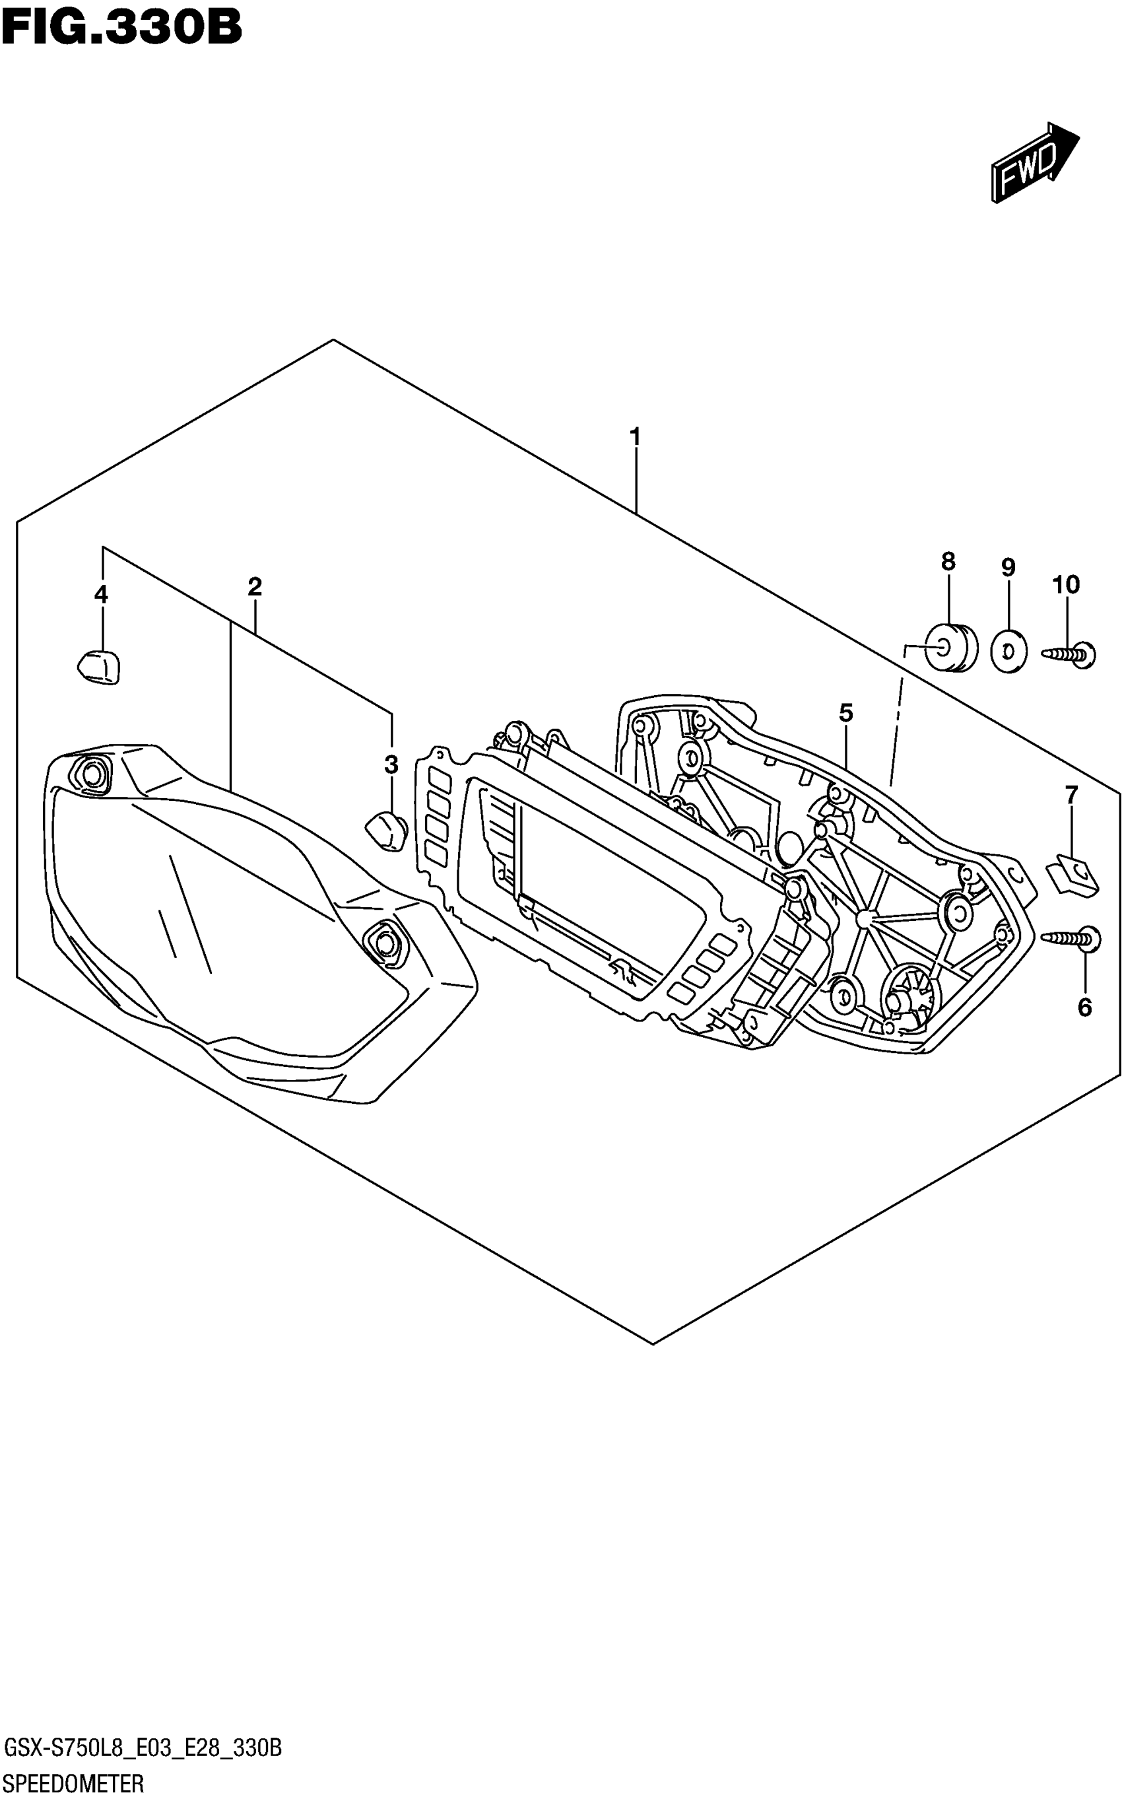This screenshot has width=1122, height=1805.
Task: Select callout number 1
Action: coord(634,436)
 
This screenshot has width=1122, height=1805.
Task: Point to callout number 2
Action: coord(255,587)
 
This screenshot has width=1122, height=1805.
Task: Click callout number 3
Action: coord(391,764)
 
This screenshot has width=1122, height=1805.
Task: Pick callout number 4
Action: coord(101,594)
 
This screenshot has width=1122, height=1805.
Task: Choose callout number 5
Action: coord(846,713)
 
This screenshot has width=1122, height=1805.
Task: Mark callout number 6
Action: coord(1084,1007)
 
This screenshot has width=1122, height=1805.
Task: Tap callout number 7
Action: coord(1071,796)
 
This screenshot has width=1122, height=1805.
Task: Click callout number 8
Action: coord(948,562)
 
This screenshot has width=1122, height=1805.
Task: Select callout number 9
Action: coord(1008,568)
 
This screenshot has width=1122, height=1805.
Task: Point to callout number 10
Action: coord(1067,585)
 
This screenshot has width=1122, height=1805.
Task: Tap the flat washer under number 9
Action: coord(1008,652)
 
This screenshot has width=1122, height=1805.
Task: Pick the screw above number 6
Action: coord(1072,939)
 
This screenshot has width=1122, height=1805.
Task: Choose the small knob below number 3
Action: coord(386,831)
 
